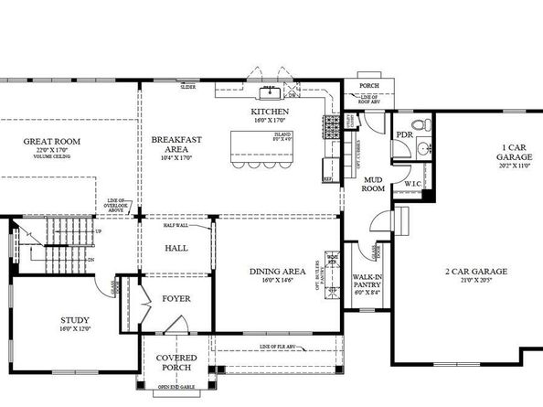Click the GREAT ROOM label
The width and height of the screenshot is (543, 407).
(x=53, y=141)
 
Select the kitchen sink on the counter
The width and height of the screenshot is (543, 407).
(x=271, y=91)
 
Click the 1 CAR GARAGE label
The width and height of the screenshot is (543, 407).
(x=514, y=152)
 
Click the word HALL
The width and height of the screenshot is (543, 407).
(x=176, y=248)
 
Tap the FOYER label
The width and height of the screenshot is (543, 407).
(x=176, y=298)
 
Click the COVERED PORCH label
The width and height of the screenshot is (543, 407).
(x=176, y=362)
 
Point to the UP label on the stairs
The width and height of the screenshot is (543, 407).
(x=99, y=231)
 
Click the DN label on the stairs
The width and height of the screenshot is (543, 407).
(x=90, y=260)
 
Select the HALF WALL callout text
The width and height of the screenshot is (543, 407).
(x=176, y=225)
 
